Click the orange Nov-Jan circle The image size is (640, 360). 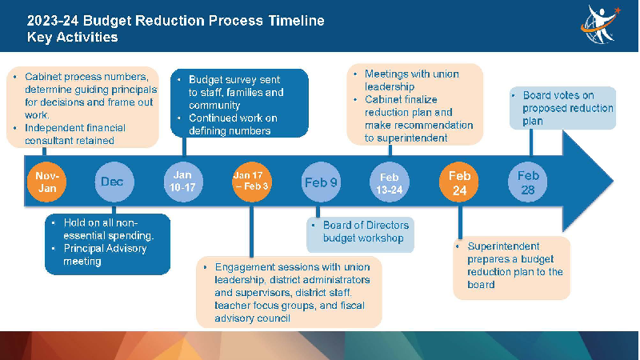coord(47,182)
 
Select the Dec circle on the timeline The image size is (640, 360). coord(114,182)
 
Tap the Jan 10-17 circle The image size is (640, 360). coord(183,182)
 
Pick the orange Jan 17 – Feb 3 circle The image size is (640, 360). coord(252,182)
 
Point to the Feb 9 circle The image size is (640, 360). coord(321,182)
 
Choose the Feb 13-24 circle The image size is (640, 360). coord(390,182)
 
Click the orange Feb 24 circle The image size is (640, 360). coord(458,182)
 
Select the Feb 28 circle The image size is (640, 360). coord(528,182)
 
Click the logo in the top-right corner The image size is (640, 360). coord(601,24)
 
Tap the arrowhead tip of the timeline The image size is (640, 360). coord(613,181)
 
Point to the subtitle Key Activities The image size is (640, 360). coord(72,37)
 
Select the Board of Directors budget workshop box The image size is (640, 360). coord(361,234)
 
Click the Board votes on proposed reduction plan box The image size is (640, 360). coord(562,108)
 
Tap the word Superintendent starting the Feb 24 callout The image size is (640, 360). coord(503,246)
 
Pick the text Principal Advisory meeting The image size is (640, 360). coord(105,254)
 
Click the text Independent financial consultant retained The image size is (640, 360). coord(75,134)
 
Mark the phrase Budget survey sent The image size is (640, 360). coord(234,79)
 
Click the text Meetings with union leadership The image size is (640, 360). coord(412,81)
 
